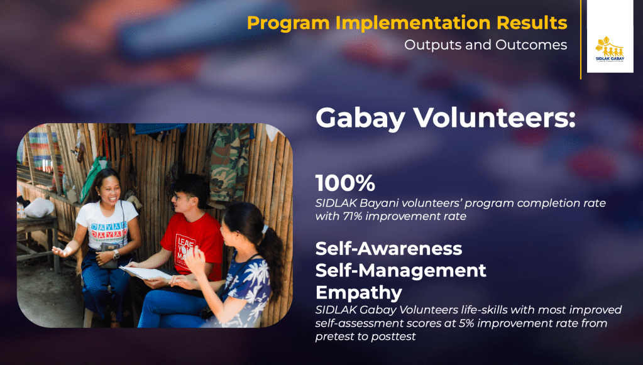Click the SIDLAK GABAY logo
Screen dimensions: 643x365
tap(610, 50)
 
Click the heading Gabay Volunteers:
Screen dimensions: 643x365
tap(446, 118)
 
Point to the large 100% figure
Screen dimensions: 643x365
tap(345, 183)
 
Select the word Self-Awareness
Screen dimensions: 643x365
tap(388, 249)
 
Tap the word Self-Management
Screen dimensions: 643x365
tap(400, 270)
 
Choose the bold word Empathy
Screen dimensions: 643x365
tap(359, 293)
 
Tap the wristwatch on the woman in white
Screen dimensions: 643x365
tap(116, 255)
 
